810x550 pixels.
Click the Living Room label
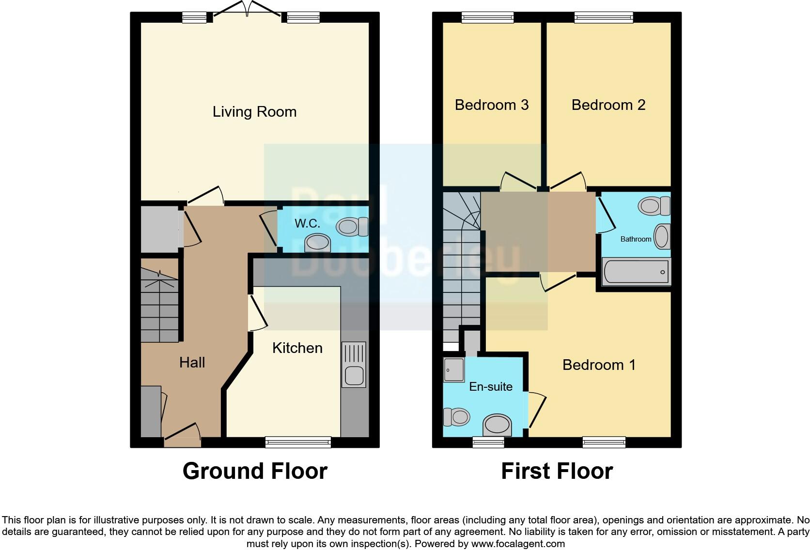(x=254, y=112)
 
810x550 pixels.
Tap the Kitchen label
(x=297, y=348)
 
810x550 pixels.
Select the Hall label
(x=192, y=363)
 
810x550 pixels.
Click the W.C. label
(x=307, y=223)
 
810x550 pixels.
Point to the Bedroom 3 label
(x=491, y=105)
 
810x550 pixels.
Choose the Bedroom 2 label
(x=608, y=105)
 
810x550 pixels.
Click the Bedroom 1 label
(x=599, y=365)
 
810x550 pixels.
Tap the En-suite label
(x=491, y=387)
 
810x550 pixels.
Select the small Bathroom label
(x=636, y=239)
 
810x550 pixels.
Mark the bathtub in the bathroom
(x=636, y=272)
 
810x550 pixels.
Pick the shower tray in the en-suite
(x=454, y=370)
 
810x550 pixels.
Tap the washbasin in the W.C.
(x=317, y=243)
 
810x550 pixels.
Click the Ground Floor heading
(x=255, y=471)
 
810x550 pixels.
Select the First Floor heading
(x=557, y=471)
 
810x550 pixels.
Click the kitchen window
(x=298, y=442)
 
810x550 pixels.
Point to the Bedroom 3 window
(x=487, y=18)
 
